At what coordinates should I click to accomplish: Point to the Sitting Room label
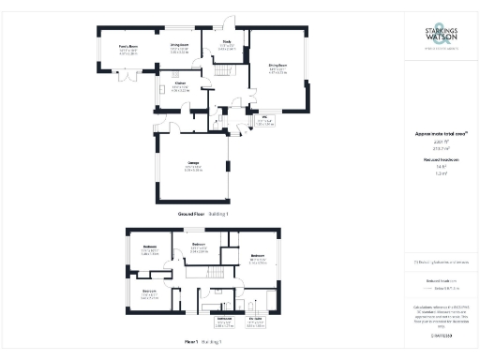(278, 67)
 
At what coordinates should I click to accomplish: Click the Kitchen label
(178, 86)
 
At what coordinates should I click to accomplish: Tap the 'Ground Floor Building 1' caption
(203, 215)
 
